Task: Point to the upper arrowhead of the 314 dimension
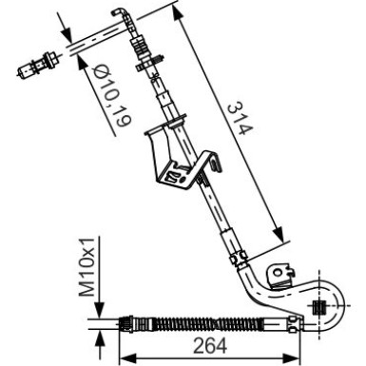179,14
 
